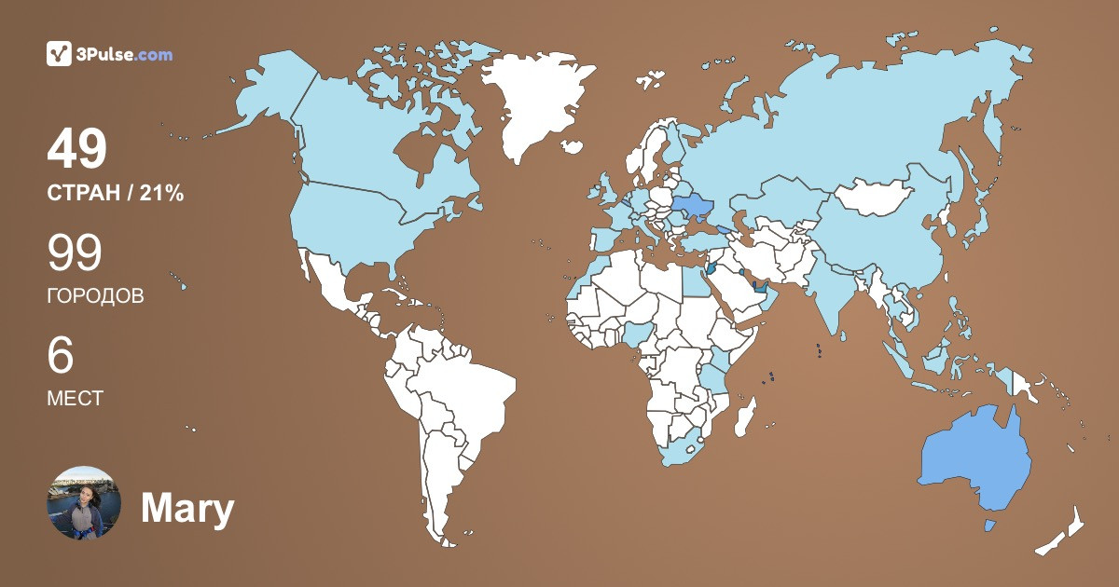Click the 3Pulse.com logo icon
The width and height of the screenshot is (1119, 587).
pyautogui.click(x=59, y=54)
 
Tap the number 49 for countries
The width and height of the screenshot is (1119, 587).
pyautogui.click(x=77, y=149)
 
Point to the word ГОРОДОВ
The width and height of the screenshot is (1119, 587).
pyautogui.click(x=95, y=296)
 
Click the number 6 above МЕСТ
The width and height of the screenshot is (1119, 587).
pyautogui.click(x=60, y=356)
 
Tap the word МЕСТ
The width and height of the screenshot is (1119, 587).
pyautogui.click(x=75, y=399)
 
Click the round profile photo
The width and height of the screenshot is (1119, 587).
pyautogui.click(x=84, y=503)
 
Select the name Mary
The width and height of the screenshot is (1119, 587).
pyautogui.click(x=186, y=509)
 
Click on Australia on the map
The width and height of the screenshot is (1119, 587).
pyautogui.click(x=974, y=461)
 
